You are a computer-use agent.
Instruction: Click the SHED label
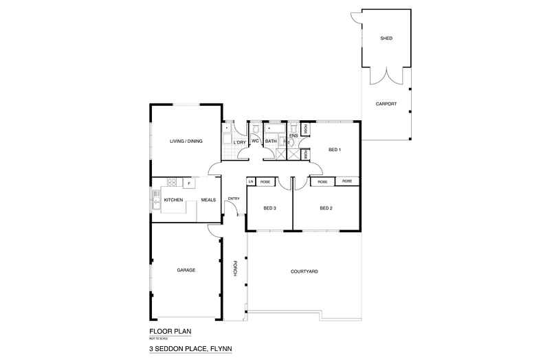(386, 38)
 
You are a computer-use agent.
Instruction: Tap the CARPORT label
(386, 104)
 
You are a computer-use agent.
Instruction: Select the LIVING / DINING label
(186, 142)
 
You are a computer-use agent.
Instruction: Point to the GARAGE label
(186, 270)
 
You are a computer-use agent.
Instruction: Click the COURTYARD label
(304, 272)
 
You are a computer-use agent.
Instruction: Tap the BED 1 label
(335, 150)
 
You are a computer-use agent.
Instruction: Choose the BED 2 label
(326, 207)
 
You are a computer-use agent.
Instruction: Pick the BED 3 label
(270, 207)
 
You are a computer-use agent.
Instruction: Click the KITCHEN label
(173, 200)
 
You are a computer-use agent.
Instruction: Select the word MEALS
(208, 200)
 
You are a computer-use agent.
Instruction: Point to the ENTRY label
(233, 199)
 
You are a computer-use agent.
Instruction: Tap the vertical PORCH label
(235, 269)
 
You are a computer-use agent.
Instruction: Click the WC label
(254, 142)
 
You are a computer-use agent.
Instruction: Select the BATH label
(271, 142)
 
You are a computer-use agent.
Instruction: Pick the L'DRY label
(239, 142)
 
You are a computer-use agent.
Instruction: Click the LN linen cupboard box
(251, 181)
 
